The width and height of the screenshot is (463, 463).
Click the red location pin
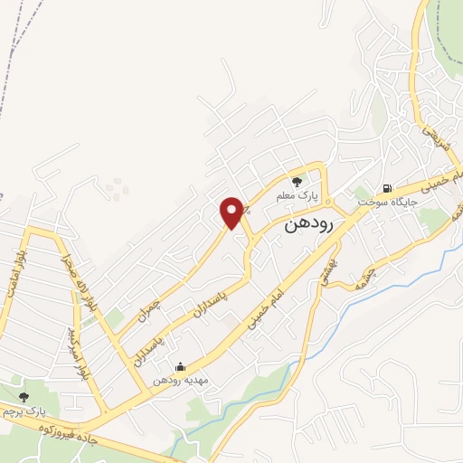[232, 212]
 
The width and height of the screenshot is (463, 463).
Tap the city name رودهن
[309, 222]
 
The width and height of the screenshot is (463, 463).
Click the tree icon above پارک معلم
[298, 181]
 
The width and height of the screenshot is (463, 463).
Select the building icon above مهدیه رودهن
[180, 366]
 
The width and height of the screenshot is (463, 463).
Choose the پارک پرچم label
[25, 412]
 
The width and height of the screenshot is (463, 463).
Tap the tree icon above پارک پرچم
[24, 398]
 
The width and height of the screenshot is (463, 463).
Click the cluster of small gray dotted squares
[117, 188]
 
